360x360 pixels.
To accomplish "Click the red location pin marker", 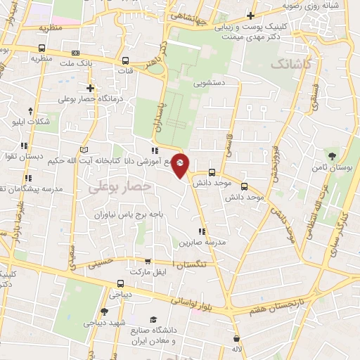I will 180,165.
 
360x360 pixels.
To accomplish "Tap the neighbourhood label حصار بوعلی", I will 120,186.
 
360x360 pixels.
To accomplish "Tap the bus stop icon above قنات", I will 125,60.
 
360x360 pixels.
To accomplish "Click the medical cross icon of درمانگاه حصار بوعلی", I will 90,88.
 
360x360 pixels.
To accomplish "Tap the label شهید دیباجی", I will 104,323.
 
